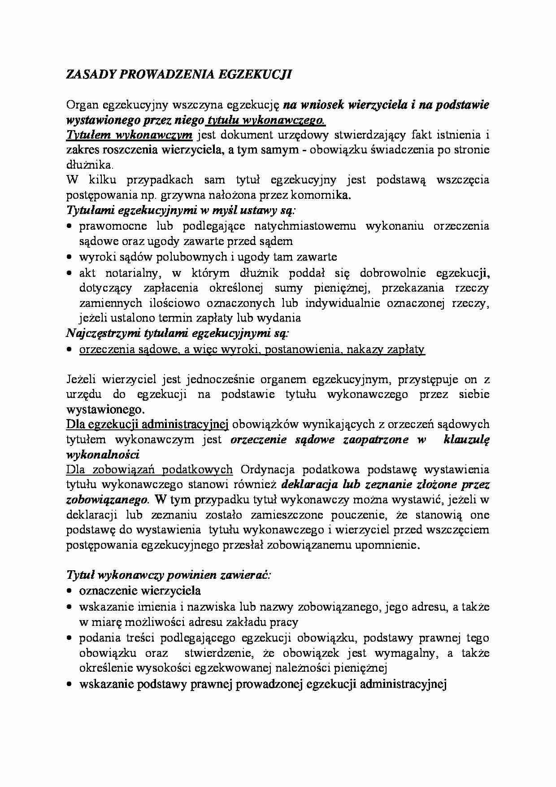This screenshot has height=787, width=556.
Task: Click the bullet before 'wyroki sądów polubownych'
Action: click(69, 258)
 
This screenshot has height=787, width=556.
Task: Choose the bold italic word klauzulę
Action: click(466, 440)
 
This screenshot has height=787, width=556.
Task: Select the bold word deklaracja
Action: click(309, 485)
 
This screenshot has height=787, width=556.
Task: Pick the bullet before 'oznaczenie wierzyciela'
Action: click(69, 591)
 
